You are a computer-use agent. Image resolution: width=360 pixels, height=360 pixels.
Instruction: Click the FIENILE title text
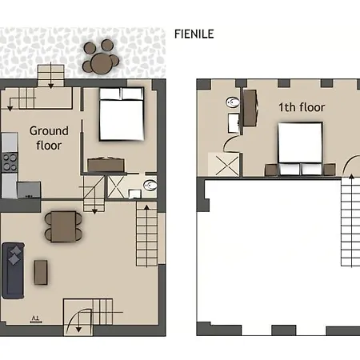(194, 34)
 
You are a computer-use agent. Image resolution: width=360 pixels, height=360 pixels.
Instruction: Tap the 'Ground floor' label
(49, 138)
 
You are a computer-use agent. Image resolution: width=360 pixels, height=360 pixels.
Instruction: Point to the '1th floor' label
(302, 107)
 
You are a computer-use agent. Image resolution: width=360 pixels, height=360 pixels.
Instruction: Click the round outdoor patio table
(102, 64)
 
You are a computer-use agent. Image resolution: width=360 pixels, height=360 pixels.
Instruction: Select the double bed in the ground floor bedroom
(122, 114)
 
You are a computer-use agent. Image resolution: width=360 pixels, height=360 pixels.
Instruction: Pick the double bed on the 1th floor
(300, 149)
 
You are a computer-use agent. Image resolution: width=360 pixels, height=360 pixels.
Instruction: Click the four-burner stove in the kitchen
(10, 162)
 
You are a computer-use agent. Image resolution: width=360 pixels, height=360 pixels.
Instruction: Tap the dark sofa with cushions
(13, 270)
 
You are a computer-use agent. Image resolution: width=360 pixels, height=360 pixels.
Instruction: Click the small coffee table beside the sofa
(41, 272)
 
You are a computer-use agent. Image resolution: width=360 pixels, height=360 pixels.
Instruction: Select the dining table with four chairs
(63, 226)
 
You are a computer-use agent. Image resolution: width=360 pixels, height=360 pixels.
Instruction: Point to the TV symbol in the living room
(36, 319)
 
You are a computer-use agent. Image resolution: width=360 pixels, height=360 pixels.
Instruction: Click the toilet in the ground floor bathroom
(150, 185)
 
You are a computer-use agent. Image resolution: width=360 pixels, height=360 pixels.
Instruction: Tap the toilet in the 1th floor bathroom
(233, 102)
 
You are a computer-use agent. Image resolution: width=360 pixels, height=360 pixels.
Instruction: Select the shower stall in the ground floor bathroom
(115, 186)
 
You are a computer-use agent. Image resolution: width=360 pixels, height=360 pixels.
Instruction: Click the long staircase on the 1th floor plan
(350, 222)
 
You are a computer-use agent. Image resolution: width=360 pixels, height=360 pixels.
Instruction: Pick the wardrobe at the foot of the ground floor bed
(106, 165)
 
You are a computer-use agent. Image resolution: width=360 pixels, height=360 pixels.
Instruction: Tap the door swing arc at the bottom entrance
(79, 319)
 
